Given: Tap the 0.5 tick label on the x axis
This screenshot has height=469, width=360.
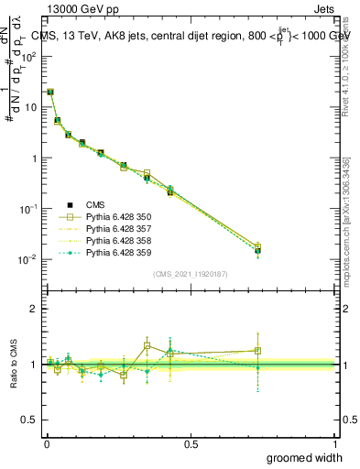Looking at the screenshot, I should click(x=191, y=444).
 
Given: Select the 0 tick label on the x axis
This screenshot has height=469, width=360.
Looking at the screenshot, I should click(x=47, y=444).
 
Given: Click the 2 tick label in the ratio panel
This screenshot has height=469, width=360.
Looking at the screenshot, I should click(x=33, y=309).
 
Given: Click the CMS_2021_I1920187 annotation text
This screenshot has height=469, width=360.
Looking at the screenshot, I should click(x=191, y=273).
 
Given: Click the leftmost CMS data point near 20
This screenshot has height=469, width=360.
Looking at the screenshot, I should click(x=50, y=93).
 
